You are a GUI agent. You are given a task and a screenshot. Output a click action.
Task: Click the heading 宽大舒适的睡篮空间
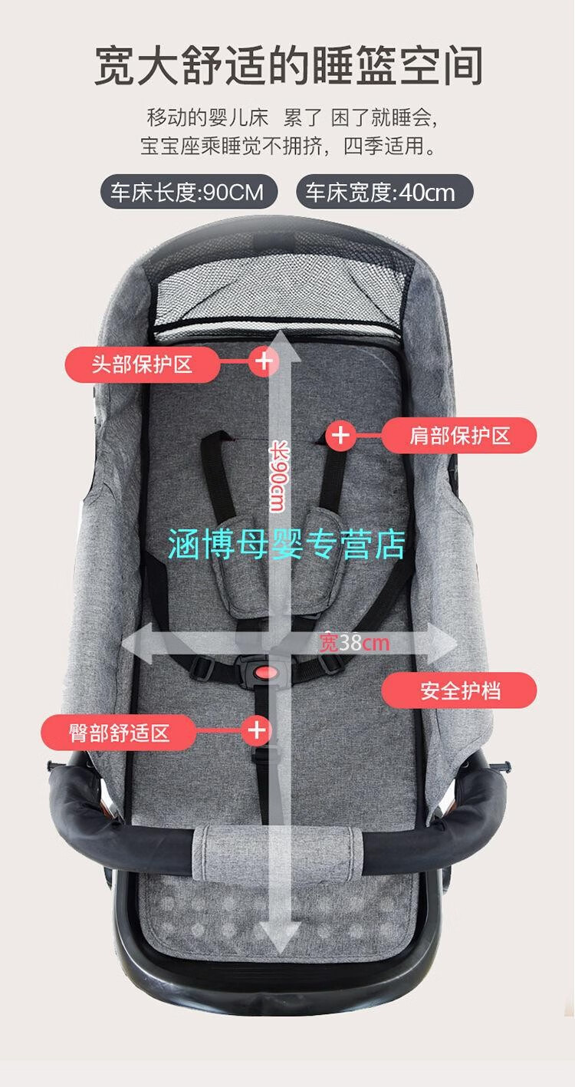288,65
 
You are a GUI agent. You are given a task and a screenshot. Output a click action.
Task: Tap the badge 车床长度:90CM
189,192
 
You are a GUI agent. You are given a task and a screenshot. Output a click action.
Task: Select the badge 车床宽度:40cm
384,192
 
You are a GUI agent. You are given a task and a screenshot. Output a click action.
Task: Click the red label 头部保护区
142,364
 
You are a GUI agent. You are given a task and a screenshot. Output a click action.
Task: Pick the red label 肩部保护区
459,435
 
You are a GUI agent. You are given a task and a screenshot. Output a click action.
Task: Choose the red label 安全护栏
459,690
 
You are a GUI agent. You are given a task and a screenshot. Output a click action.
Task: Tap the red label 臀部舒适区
119,733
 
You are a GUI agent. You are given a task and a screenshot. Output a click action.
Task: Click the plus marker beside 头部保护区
264,361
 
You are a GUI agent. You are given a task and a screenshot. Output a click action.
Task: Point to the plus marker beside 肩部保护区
340,435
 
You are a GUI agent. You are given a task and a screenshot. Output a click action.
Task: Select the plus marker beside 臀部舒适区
257,730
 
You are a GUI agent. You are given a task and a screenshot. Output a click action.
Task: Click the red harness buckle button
266,673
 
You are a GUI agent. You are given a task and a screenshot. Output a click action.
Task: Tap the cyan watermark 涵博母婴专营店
287,545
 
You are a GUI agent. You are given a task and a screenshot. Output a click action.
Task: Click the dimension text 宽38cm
354,643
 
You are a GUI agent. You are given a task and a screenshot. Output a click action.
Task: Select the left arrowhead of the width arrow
136,644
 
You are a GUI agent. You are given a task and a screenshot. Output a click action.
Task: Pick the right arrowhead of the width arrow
442,644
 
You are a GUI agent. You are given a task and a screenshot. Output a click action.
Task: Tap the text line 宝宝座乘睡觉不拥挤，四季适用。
288,147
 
